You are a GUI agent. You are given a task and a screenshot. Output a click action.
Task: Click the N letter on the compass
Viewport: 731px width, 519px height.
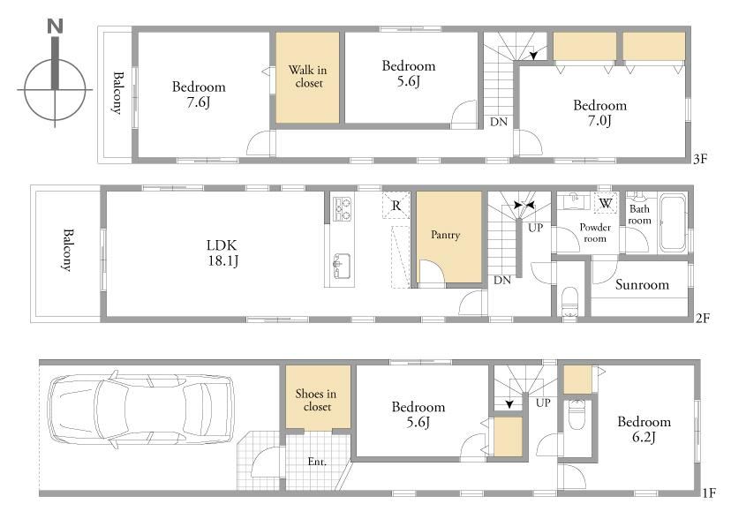click(x=55, y=26)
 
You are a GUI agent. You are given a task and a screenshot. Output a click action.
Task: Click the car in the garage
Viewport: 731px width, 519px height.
click(x=141, y=409)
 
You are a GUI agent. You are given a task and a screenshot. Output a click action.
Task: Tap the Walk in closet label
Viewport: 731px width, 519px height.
click(x=308, y=77)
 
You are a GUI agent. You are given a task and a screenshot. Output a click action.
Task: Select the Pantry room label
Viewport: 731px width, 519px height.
click(x=445, y=234)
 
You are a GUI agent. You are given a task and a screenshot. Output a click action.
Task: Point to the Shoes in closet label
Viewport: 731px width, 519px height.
click(x=316, y=400)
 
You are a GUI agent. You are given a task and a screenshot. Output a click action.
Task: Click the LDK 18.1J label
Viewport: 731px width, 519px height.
click(x=222, y=252)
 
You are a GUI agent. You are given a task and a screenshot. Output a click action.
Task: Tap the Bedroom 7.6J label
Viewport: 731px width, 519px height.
click(x=199, y=94)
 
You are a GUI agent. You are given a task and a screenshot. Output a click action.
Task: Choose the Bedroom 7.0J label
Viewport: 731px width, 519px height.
click(x=599, y=113)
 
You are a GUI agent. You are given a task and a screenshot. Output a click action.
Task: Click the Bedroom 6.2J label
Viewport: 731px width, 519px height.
click(x=644, y=429)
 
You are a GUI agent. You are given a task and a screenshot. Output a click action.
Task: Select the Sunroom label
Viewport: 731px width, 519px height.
click(x=642, y=284)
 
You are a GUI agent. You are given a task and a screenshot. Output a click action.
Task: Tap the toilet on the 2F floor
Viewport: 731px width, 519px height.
click(x=569, y=302)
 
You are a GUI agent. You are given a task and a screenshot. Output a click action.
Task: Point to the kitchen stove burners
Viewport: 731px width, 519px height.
click(x=342, y=208)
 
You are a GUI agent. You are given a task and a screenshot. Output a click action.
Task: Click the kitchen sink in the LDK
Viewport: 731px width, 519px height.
click(x=342, y=267)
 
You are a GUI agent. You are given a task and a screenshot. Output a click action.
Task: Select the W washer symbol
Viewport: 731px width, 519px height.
click(x=605, y=203)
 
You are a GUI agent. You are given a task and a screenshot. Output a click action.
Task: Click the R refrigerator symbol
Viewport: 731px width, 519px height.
click(x=396, y=206)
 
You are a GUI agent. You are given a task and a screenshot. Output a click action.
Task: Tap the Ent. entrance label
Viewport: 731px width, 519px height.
click(x=317, y=462)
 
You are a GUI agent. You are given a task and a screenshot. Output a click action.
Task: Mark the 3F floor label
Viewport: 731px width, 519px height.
click(x=700, y=159)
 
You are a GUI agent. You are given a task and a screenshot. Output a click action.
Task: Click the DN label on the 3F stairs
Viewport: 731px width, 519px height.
click(x=498, y=122)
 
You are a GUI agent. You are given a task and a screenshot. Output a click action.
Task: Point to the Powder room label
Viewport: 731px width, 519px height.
click(x=595, y=232)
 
